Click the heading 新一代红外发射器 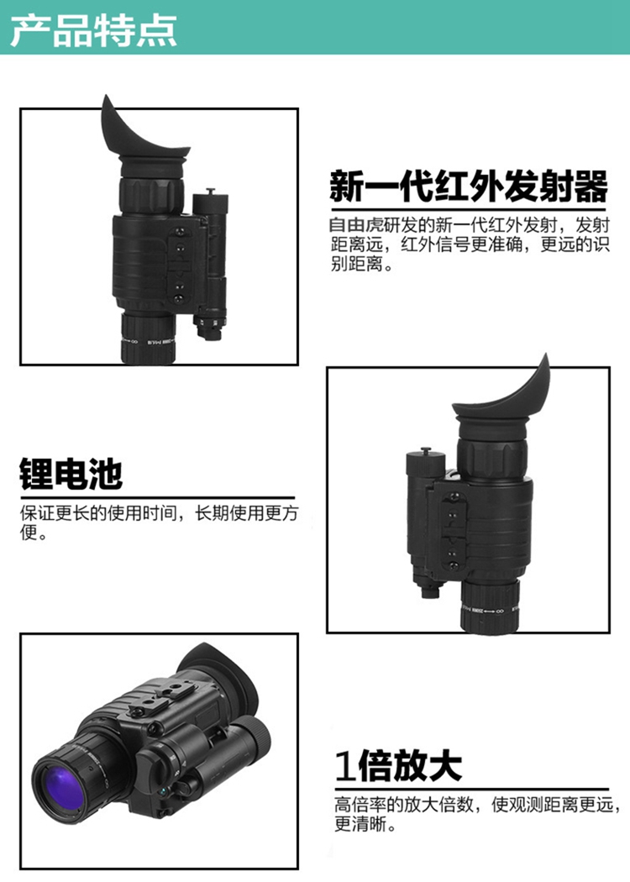tap(469, 186)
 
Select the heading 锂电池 tap(71, 475)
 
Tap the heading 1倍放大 tap(398, 765)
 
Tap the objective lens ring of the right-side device tap(490, 606)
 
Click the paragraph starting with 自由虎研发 tap(470, 244)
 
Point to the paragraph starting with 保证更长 tap(160, 522)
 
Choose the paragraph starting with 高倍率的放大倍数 tap(477, 815)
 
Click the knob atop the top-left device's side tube tap(211, 192)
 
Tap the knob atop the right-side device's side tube tap(426, 450)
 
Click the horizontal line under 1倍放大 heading tap(472, 790)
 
